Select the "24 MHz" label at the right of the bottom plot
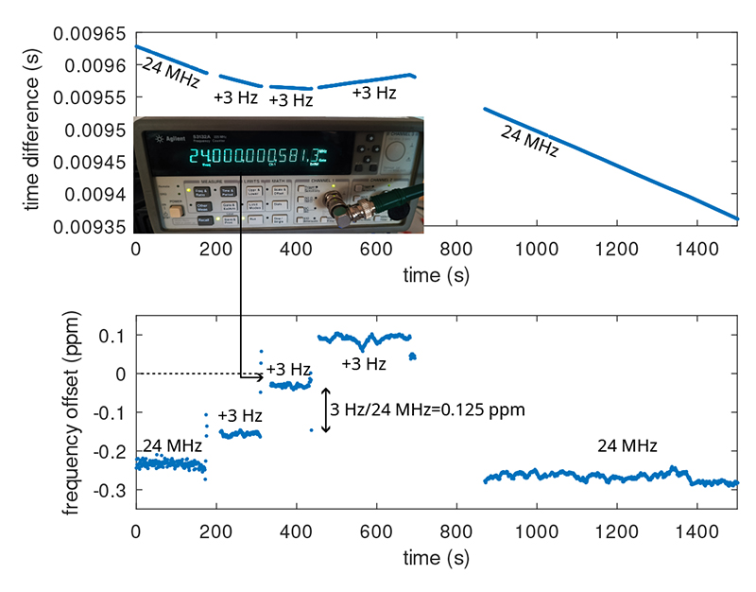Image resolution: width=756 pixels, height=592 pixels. (x=627, y=444)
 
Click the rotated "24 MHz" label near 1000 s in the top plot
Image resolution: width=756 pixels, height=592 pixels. (x=530, y=139)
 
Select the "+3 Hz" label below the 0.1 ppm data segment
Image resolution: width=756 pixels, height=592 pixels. (x=364, y=364)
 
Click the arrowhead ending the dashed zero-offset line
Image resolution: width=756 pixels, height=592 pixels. (x=259, y=374)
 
